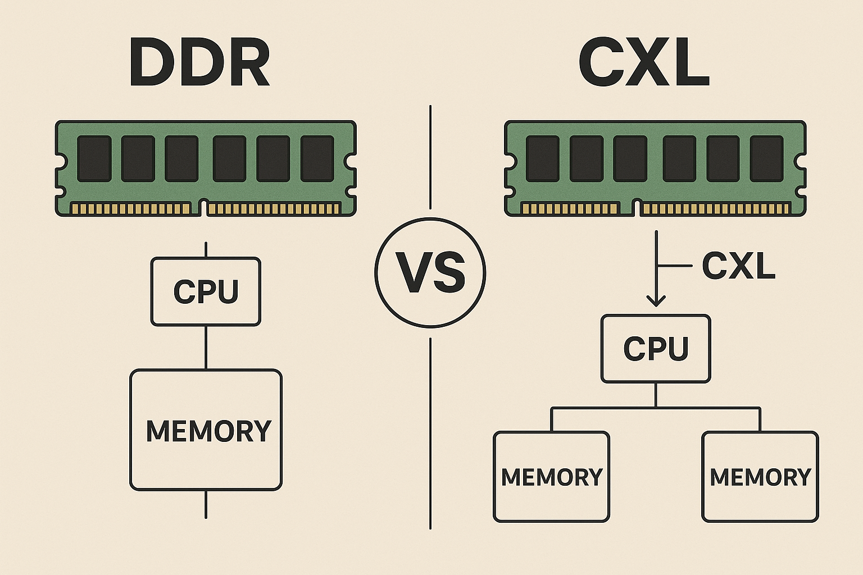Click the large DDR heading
199,63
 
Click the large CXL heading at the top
643,63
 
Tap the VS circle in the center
430,273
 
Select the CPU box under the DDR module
206,291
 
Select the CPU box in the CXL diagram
656,349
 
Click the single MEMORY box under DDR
206,430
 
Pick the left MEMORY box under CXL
551,477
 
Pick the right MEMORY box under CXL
760,477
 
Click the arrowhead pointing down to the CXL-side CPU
656,300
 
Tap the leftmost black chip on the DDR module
94,158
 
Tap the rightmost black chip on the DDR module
317,158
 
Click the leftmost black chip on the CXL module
543,158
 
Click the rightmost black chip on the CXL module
766,158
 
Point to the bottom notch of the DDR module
204,207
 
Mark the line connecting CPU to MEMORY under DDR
206,347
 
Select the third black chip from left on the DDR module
181,158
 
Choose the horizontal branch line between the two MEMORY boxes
656,408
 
